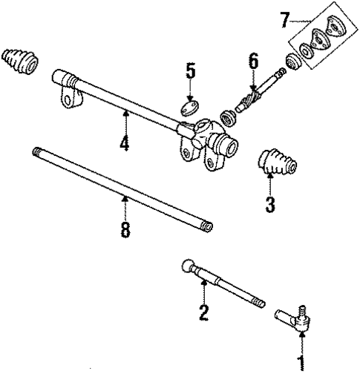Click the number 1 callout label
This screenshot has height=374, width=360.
[301, 363]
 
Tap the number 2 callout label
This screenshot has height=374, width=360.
[203, 313]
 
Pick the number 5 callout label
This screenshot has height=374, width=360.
[190, 72]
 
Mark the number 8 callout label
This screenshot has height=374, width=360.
[125, 229]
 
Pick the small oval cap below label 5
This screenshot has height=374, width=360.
[191, 104]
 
